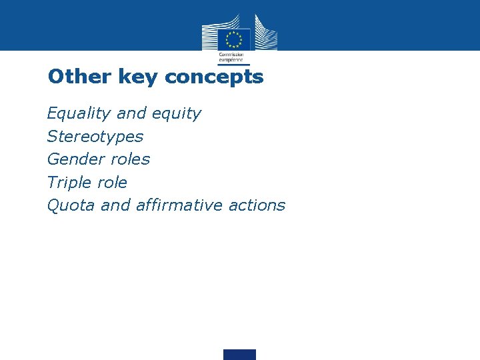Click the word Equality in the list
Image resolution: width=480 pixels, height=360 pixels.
click(x=79, y=114)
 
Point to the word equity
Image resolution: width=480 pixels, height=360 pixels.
click(x=176, y=114)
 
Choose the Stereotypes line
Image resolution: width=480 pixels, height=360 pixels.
click(x=95, y=137)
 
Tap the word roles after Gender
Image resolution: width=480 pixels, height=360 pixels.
click(x=132, y=159)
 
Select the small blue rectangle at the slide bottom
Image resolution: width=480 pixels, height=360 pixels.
click(x=239, y=354)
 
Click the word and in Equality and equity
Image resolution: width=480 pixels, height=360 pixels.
click(x=131, y=114)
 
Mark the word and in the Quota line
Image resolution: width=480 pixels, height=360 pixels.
click(x=115, y=205)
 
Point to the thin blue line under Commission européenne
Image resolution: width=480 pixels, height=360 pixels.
click(x=233, y=65)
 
